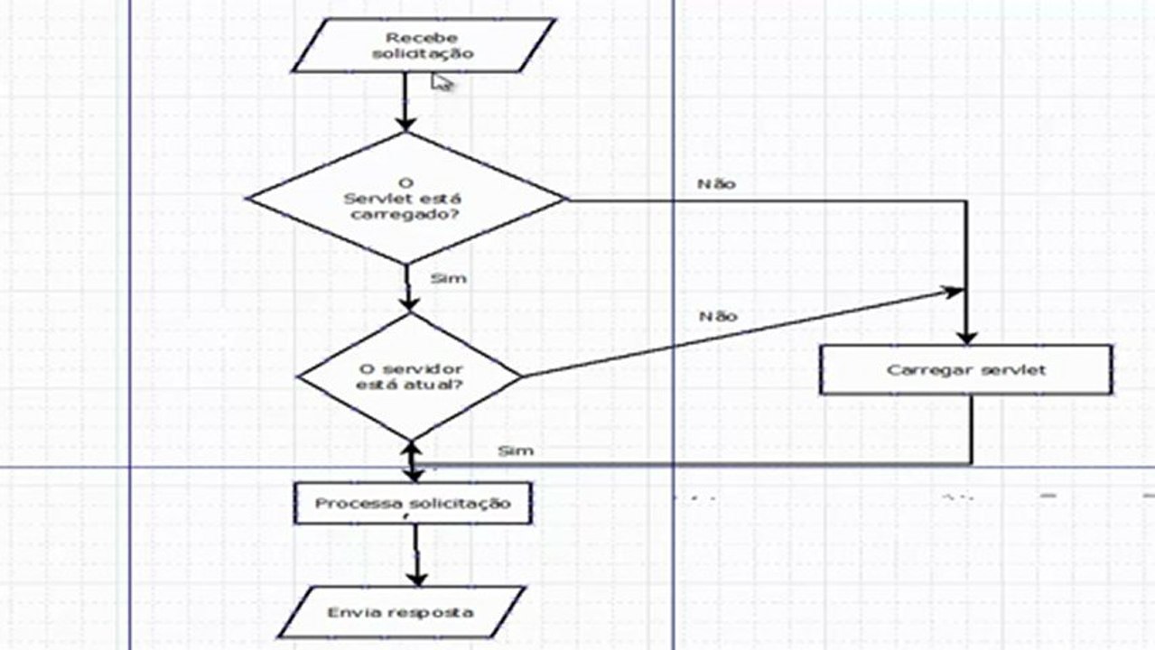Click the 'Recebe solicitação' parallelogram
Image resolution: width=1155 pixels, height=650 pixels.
tap(423, 45)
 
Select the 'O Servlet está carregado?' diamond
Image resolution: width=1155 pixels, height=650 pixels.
tap(406, 199)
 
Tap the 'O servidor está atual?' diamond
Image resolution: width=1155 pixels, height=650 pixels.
tap(410, 376)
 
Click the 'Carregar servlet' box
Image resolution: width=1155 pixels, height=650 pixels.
tap(965, 370)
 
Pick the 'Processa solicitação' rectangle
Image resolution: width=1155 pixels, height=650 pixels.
tap(413, 503)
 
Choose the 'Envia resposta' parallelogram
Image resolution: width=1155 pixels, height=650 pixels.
tap(400, 612)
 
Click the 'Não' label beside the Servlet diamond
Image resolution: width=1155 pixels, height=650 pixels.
tap(717, 184)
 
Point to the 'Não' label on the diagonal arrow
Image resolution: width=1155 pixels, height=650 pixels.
tap(718, 316)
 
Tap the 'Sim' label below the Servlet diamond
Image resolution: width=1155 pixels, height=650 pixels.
tap(448, 278)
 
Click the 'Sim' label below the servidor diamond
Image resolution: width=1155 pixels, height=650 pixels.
tap(516, 450)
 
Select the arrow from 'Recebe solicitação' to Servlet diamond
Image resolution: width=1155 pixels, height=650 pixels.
tap(405, 101)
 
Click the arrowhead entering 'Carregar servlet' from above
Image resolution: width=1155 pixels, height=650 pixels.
tap(966, 335)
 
